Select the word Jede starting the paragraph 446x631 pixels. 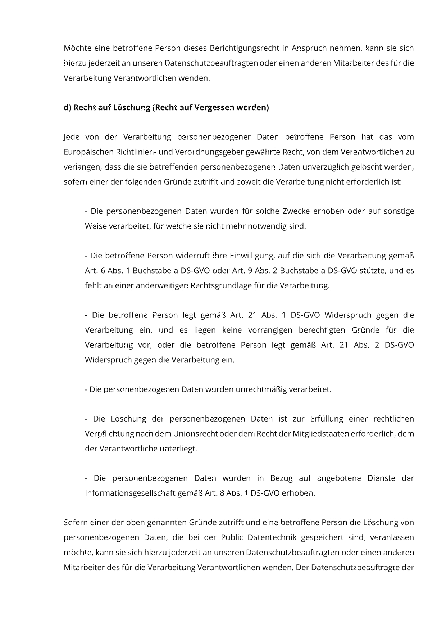(71, 137)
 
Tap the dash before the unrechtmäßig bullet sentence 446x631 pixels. (86, 389)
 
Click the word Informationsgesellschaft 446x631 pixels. (130, 493)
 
